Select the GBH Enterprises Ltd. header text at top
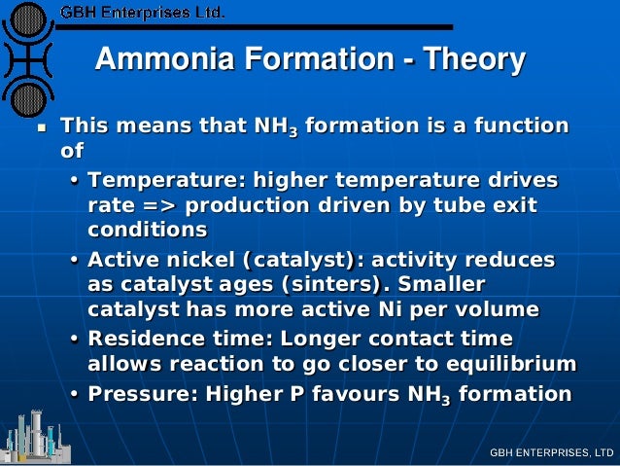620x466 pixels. click(x=142, y=14)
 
